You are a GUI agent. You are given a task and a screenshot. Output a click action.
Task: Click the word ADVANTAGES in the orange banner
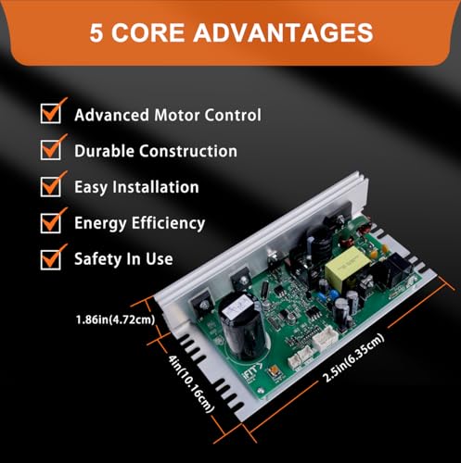point(283,32)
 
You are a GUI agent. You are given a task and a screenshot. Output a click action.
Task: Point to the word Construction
point(188,151)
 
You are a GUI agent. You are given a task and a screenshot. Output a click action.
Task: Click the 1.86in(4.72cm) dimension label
point(115,319)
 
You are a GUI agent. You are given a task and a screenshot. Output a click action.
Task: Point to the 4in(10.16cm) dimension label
point(190,384)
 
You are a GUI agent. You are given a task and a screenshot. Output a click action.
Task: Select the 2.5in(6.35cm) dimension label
point(353,358)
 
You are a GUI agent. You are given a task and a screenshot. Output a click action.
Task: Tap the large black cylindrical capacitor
point(243,327)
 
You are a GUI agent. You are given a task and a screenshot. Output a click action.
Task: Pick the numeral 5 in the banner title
point(96,32)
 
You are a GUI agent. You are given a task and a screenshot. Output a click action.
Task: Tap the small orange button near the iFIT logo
point(274,371)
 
